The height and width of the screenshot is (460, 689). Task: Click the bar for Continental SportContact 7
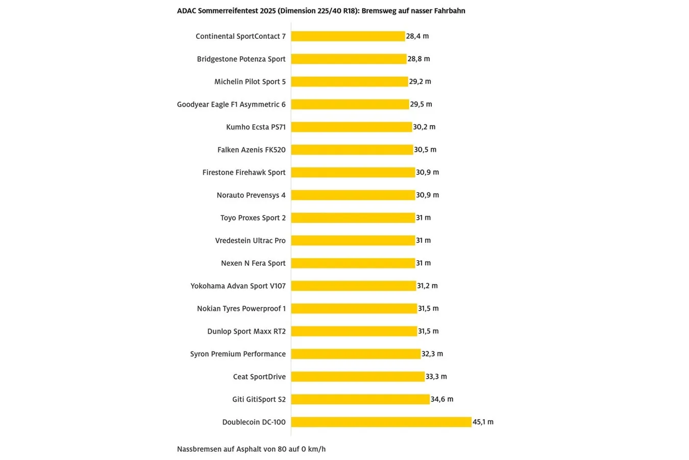(348, 36)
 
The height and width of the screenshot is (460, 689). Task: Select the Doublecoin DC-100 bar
(381, 422)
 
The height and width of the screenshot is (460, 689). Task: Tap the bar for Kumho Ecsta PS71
(351, 127)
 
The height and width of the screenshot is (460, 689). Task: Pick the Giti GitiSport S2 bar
(360, 399)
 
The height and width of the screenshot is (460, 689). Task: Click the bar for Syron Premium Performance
(356, 354)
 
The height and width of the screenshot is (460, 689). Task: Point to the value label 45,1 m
(483, 422)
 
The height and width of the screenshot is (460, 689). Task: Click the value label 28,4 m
(417, 36)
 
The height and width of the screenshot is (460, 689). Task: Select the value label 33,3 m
(436, 377)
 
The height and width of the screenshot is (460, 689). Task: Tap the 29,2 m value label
(420, 82)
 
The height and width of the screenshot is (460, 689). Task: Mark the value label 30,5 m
(425, 150)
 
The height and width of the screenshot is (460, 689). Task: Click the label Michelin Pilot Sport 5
(250, 82)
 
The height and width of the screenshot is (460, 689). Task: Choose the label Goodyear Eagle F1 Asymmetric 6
(231, 104)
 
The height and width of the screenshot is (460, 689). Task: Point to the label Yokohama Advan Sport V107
(238, 286)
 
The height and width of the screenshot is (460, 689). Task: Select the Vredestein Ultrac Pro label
(251, 241)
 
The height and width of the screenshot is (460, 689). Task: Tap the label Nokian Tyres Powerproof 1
(241, 309)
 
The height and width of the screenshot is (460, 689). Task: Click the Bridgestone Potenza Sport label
(241, 59)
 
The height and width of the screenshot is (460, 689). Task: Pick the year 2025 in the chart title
(267, 11)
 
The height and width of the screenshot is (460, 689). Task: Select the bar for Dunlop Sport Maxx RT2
(354, 331)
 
